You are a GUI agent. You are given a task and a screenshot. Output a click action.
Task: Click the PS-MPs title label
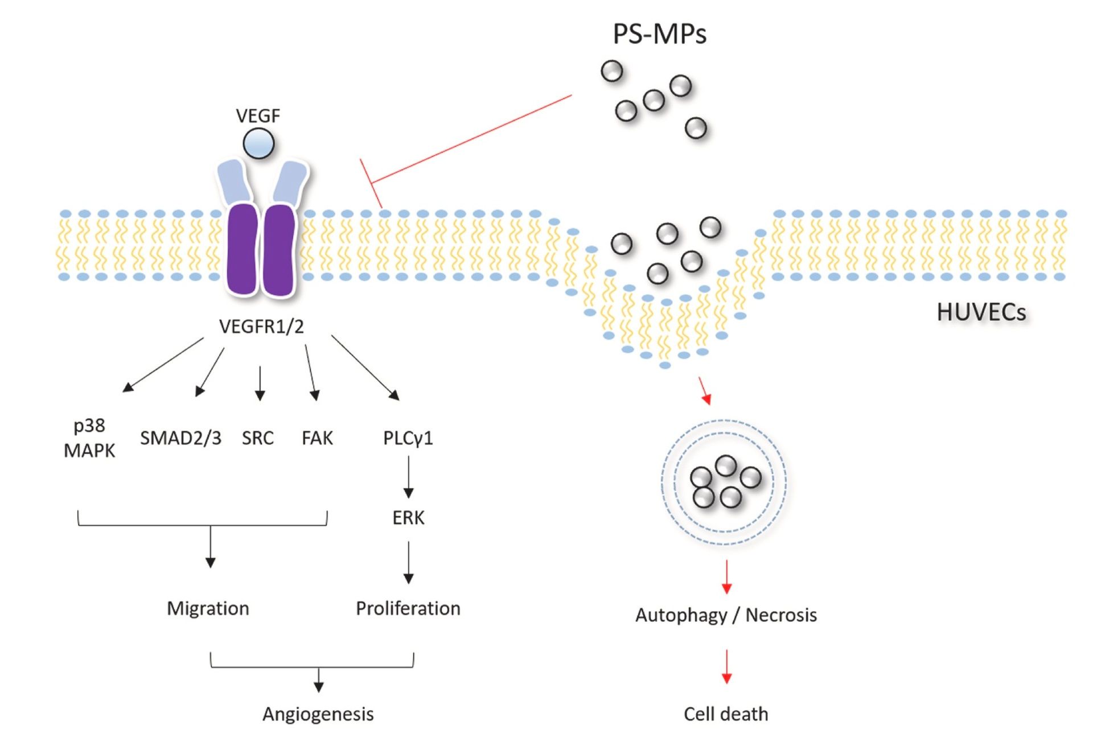point(659,34)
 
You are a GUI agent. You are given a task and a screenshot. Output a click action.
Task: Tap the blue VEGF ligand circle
point(258,143)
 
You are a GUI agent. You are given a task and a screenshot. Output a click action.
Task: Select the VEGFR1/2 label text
point(261,327)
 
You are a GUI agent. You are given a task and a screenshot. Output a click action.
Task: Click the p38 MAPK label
point(89,438)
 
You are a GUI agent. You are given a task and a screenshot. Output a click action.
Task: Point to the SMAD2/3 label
point(180,438)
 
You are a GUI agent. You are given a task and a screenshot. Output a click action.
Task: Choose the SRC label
point(257,438)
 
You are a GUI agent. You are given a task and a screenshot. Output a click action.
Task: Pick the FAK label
point(317,438)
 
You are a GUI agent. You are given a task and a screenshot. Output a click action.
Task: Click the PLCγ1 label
point(408,438)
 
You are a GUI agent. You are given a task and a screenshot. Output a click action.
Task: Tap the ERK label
point(408,517)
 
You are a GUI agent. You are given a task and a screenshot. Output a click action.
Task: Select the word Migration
point(208,608)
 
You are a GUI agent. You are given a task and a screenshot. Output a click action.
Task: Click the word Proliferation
point(408,608)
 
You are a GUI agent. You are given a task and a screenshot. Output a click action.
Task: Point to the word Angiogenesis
point(318,713)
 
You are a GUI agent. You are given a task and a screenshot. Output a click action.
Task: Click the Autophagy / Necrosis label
point(726,615)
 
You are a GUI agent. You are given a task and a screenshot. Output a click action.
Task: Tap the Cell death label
point(726,713)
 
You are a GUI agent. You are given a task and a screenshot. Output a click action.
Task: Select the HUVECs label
point(981,312)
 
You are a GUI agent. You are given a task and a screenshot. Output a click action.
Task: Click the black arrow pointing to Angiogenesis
point(319,679)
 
